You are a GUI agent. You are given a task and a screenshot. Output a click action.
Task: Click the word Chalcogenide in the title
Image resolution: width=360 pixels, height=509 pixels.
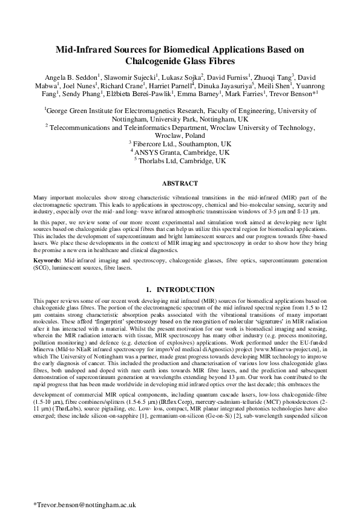(151, 61)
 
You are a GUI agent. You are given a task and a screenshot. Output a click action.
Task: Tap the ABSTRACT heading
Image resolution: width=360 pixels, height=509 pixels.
(180, 182)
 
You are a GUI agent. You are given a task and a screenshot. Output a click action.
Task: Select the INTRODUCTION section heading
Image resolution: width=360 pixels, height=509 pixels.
(185, 290)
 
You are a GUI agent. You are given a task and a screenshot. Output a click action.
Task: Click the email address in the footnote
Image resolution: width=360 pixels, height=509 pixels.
(84, 487)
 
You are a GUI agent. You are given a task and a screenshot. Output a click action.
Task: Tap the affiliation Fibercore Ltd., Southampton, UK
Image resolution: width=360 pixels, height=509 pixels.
(180, 144)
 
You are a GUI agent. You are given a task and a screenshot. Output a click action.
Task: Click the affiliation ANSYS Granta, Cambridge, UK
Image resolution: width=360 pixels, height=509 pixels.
(180, 153)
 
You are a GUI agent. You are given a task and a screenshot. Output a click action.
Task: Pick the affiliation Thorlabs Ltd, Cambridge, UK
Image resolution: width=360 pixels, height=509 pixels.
(180, 161)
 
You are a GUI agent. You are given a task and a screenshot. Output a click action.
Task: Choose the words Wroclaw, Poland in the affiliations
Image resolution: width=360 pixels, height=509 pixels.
(180, 136)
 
